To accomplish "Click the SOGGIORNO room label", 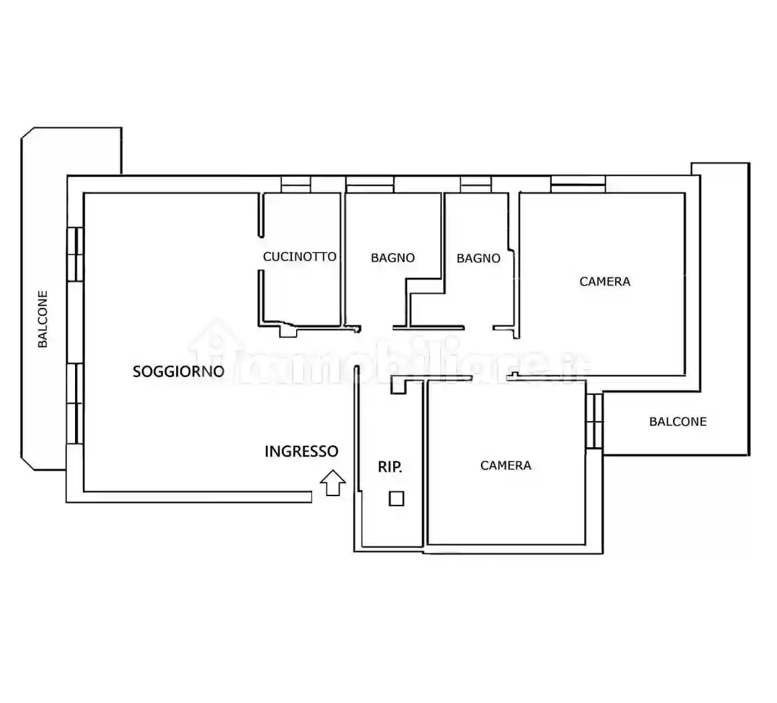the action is coord(178,371).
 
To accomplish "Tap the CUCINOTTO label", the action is coord(299,256).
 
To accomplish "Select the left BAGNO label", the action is coord(393,258).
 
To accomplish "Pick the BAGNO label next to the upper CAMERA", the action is coord(478,258).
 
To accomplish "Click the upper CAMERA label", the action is coord(605,281).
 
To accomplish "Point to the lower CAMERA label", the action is coord(506,465).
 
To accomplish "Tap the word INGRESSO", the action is coord(301,451).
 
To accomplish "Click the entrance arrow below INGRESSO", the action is coord(332,483).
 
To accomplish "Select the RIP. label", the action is coord(390,466).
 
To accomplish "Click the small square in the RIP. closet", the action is coord(397,498).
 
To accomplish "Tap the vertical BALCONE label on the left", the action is coord(43,319).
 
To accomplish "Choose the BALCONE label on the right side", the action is coord(678,422).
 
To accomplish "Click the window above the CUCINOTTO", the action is coord(296,184).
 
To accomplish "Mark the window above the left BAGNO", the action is coord(370,184).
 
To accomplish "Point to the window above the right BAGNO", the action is coord(476,184).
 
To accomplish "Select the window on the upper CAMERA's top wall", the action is coord(578,184).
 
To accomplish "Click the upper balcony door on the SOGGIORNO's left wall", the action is coord(75,254).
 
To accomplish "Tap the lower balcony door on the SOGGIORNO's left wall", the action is coord(75,403).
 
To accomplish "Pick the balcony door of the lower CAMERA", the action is coord(594,421).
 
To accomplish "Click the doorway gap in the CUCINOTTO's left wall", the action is coord(261,254).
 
